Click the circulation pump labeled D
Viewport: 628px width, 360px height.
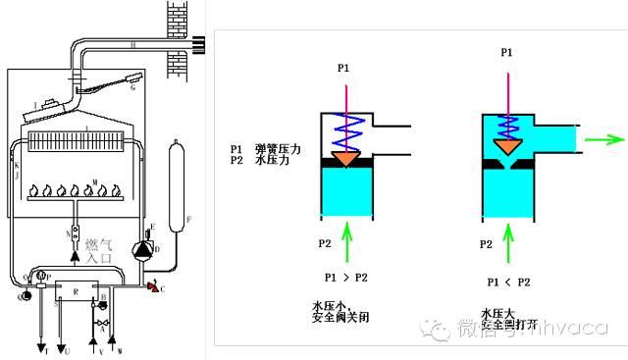click(x=144, y=250)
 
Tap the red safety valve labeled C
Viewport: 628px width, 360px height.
click(x=151, y=285)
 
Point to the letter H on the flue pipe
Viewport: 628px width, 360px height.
click(x=131, y=45)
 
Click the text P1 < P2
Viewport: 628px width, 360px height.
click(x=508, y=282)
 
